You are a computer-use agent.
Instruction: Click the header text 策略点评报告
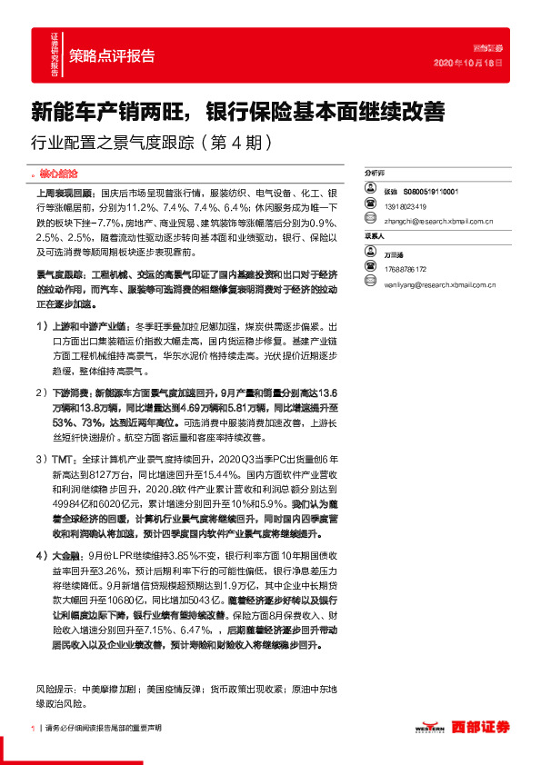point(112,54)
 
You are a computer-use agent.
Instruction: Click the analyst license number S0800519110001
point(426,193)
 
